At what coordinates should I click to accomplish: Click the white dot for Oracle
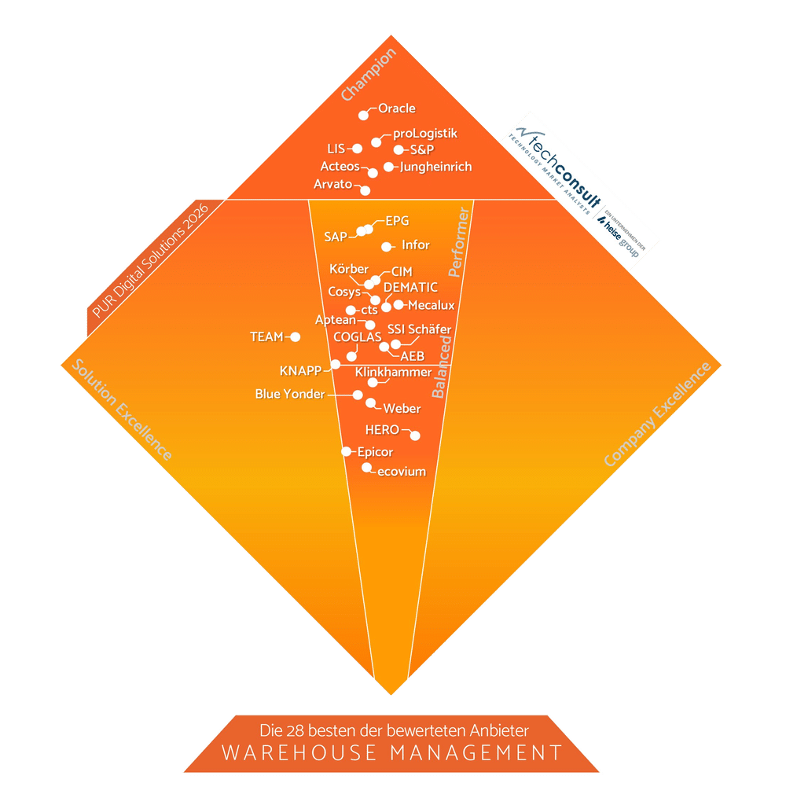[363, 115]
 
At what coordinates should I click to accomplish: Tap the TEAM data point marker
[296, 336]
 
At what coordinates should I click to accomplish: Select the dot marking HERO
[415, 436]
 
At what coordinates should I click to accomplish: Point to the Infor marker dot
[386, 246]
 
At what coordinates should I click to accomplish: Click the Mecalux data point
[399, 304]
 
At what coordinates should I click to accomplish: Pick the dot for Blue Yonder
[358, 395]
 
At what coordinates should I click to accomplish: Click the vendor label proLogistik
[424, 133]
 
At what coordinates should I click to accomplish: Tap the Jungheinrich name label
[435, 167]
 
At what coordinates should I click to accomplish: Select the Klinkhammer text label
[393, 372]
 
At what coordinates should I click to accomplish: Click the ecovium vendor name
[402, 472]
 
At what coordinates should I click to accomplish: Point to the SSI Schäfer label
[419, 329]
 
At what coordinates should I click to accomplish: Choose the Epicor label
[375, 452]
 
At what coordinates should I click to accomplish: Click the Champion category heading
[368, 75]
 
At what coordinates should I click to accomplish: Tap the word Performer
[458, 242]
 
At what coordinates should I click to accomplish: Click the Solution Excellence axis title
[121, 410]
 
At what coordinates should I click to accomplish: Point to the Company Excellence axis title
[657, 414]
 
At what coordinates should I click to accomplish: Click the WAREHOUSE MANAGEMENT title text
[392, 752]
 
